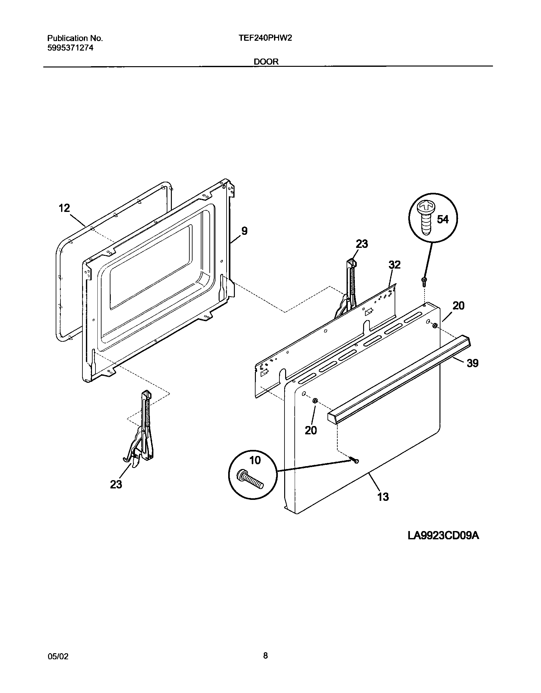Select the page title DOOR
266,62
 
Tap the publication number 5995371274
70,48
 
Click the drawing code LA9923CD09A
443,536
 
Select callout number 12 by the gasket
64,208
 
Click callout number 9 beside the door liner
244,231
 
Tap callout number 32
394,265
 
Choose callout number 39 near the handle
473,363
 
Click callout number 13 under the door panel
383,497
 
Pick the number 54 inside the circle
443,219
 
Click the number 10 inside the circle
255,460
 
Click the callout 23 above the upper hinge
362,244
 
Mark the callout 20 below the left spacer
311,430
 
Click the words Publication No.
75,38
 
